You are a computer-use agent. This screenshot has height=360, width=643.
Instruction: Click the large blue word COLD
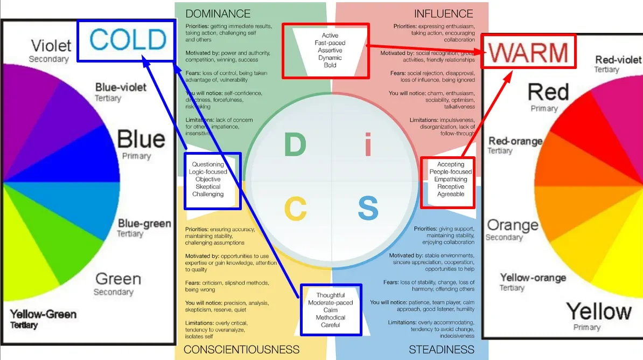(128, 40)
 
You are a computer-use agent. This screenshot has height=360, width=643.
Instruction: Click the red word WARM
(528, 52)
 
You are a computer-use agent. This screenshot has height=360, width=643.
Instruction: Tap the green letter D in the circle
(295, 146)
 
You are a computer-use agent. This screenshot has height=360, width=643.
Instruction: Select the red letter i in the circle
(368, 146)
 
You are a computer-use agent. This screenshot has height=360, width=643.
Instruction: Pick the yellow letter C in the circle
(295, 209)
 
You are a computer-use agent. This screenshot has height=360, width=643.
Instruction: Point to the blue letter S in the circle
(368, 209)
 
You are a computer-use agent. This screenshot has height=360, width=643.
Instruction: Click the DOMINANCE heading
(218, 13)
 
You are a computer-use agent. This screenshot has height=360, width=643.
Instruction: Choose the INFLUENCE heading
(443, 13)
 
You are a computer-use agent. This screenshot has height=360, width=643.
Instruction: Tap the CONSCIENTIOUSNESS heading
(241, 350)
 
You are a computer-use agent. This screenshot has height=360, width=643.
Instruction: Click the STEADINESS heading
(442, 350)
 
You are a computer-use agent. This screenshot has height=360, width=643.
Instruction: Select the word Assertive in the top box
(330, 50)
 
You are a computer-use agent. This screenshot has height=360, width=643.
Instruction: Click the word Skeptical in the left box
(208, 186)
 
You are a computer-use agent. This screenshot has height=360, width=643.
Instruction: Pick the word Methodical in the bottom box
(330, 317)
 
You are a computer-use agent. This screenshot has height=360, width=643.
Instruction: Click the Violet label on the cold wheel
(51, 45)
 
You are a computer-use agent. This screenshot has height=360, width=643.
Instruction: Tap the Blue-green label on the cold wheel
(144, 223)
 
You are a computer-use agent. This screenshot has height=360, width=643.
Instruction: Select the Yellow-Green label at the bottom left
(43, 314)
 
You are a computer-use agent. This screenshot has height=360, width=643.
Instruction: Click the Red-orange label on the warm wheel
(515, 141)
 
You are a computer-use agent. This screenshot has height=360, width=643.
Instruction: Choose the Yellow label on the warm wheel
(598, 311)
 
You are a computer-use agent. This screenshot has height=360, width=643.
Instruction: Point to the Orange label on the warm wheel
(512, 225)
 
